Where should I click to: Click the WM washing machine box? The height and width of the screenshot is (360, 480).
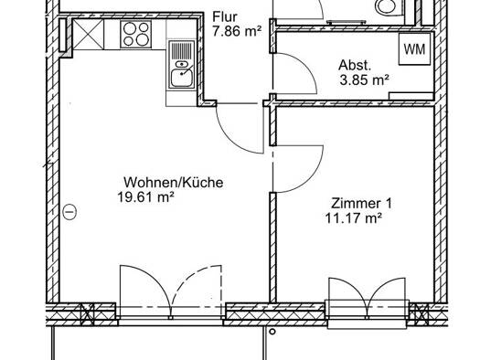click(414, 48)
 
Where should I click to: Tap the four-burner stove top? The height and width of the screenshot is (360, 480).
click(136, 34)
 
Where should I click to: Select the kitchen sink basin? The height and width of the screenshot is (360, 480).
click(182, 78)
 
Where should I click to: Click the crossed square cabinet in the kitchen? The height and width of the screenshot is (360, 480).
click(88, 34)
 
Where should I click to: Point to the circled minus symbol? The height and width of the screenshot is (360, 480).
click(69, 212)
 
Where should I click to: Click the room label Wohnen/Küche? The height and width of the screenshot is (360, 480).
click(174, 183)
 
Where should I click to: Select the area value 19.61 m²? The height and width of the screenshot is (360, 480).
click(145, 197)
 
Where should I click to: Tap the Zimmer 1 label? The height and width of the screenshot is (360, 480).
click(361, 204)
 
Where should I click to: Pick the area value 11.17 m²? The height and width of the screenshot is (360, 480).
click(353, 218)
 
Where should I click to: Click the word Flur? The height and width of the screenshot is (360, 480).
click(225, 16)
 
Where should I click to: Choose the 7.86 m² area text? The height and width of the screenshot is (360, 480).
click(237, 31)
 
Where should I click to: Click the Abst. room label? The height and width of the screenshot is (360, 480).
click(355, 65)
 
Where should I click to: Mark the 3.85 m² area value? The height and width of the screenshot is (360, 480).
click(364, 80)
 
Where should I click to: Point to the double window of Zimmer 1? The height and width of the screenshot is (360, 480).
click(367, 308)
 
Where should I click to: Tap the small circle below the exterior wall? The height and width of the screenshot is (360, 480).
click(272, 332)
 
